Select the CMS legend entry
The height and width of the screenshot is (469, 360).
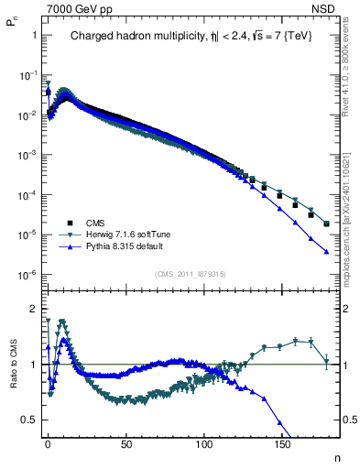pos(96,223)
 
